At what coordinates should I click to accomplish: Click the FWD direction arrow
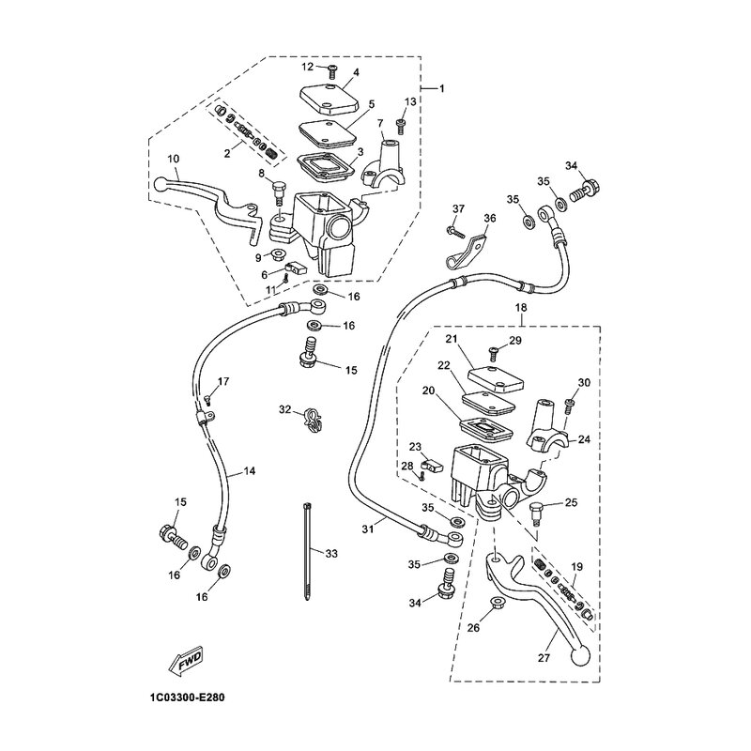coord(186,664)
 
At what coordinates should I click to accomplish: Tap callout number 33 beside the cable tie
coord(331,554)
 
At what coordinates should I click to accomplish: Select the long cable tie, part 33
coord(307,551)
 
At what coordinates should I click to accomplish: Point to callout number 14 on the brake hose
coord(249,471)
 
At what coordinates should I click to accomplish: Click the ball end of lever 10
coord(161,183)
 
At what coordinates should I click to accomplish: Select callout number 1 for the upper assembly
coord(441,88)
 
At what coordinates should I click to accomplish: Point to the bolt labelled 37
coord(456,233)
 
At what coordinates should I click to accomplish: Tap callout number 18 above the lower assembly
coord(521,308)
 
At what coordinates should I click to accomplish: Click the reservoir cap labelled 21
coord(496,378)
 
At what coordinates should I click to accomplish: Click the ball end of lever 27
coord(580,655)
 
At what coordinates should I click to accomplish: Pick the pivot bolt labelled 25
coord(536,513)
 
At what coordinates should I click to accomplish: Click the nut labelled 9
coord(279,253)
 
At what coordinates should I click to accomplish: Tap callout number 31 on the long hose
coord(367,529)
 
